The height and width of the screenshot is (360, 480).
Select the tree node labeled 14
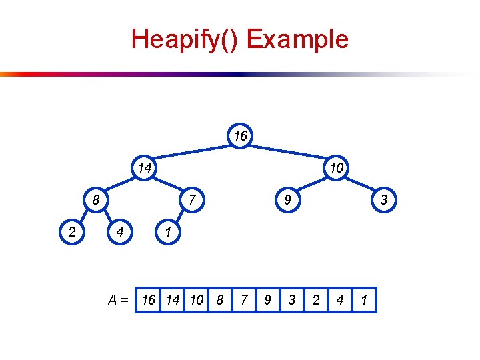click(145, 167)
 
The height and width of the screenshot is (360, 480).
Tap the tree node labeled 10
click(337, 167)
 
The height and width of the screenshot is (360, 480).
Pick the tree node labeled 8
click(97, 199)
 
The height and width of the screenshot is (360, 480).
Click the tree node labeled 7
click(193, 199)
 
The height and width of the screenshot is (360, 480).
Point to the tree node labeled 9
click(289, 199)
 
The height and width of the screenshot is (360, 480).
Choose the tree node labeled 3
click(385, 199)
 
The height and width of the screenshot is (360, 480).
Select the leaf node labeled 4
click(121, 232)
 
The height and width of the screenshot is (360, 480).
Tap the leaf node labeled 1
click(169, 232)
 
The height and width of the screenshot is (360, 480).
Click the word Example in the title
click(297, 39)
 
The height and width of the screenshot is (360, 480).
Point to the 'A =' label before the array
click(120, 300)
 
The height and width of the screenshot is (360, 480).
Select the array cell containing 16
click(149, 300)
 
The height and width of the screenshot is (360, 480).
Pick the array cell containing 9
click(267, 300)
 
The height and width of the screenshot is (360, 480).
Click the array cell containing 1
click(364, 300)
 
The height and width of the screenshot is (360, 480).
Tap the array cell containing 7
click(243, 300)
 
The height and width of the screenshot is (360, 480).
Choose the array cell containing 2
click(316, 300)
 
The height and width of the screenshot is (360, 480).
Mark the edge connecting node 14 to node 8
click(121, 183)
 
